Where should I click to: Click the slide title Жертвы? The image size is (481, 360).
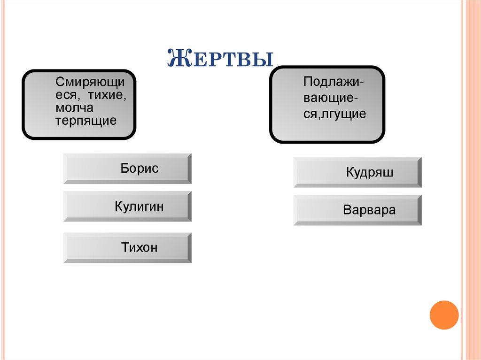[220, 58]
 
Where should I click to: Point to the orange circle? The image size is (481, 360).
[444, 315]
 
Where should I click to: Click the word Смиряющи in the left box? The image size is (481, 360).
[90, 82]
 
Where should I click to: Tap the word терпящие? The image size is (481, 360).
[85, 121]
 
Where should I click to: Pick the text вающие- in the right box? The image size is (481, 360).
[332, 98]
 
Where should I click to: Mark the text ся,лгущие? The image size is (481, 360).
[334, 114]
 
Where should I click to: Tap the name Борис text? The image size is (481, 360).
[140, 169]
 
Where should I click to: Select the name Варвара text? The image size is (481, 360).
[369, 210]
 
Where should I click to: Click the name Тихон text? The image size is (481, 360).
[140, 247]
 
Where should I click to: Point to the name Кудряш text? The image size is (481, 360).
[370, 172]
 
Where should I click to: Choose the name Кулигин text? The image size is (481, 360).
[139, 206]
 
